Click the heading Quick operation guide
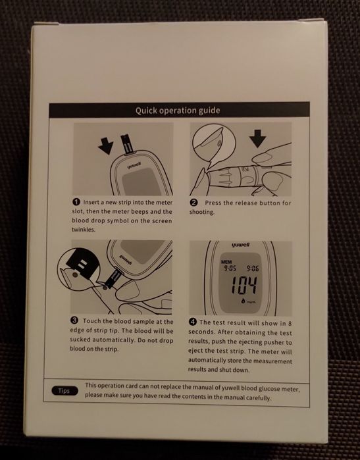click(x=178, y=111)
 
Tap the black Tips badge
click(x=64, y=391)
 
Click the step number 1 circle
click(x=76, y=202)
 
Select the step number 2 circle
click(x=194, y=203)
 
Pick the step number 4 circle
click(x=192, y=322)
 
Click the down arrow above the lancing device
click(x=257, y=138)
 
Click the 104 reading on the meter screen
click(x=244, y=285)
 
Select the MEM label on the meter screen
click(x=226, y=262)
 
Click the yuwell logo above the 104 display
click(x=241, y=245)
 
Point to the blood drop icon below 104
click(x=244, y=300)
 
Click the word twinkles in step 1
click(x=84, y=230)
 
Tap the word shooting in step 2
click(x=202, y=212)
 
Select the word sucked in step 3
click(x=80, y=340)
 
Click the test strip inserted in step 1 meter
click(x=128, y=143)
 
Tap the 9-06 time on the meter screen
click(x=252, y=268)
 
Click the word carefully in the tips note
click(x=259, y=397)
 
